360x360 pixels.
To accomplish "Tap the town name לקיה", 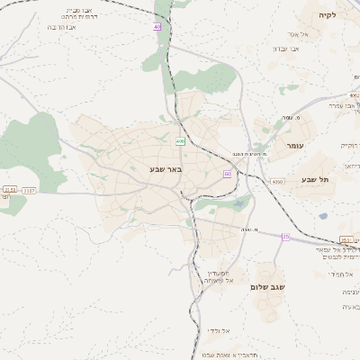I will pos(327,16).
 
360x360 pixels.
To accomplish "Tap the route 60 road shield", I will pos(227,174).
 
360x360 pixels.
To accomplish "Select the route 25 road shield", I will pos(286,236).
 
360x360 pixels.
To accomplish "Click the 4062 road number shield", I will pos(353,94).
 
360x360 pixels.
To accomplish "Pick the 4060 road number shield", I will pos(276,181).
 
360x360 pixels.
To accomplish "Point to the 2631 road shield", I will pos(346,239).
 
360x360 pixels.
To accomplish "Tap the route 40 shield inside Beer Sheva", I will pos(181,141).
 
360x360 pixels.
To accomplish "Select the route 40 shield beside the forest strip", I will pos(157,27).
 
